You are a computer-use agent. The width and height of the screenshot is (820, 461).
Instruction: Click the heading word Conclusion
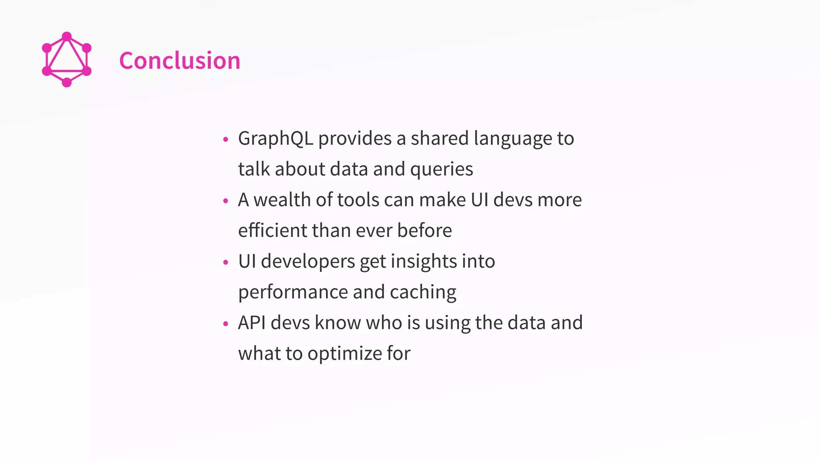(x=180, y=61)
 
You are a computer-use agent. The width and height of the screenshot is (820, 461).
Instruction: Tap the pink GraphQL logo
(x=67, y=60)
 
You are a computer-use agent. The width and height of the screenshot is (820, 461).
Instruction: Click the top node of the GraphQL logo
(x=67, y=36)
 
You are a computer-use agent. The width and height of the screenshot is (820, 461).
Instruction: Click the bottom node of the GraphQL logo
(x=67, y=82)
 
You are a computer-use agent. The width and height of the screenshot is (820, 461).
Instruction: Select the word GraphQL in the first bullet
(x=275, y=138)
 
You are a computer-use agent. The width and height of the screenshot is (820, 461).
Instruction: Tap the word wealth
(x=282, y=200)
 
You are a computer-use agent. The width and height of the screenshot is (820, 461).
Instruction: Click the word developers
(x=308, y=261)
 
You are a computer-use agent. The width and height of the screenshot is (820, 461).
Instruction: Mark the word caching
(x=423, y=292)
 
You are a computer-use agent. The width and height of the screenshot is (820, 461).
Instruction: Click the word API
(x=252, y=323)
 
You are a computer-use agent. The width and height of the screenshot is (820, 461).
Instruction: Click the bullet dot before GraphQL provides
(x=225, y=140)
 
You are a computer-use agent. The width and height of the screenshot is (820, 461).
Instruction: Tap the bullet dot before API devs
(x=225, y=324)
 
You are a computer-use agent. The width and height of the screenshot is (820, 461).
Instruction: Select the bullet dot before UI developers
(x=225, y=263)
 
